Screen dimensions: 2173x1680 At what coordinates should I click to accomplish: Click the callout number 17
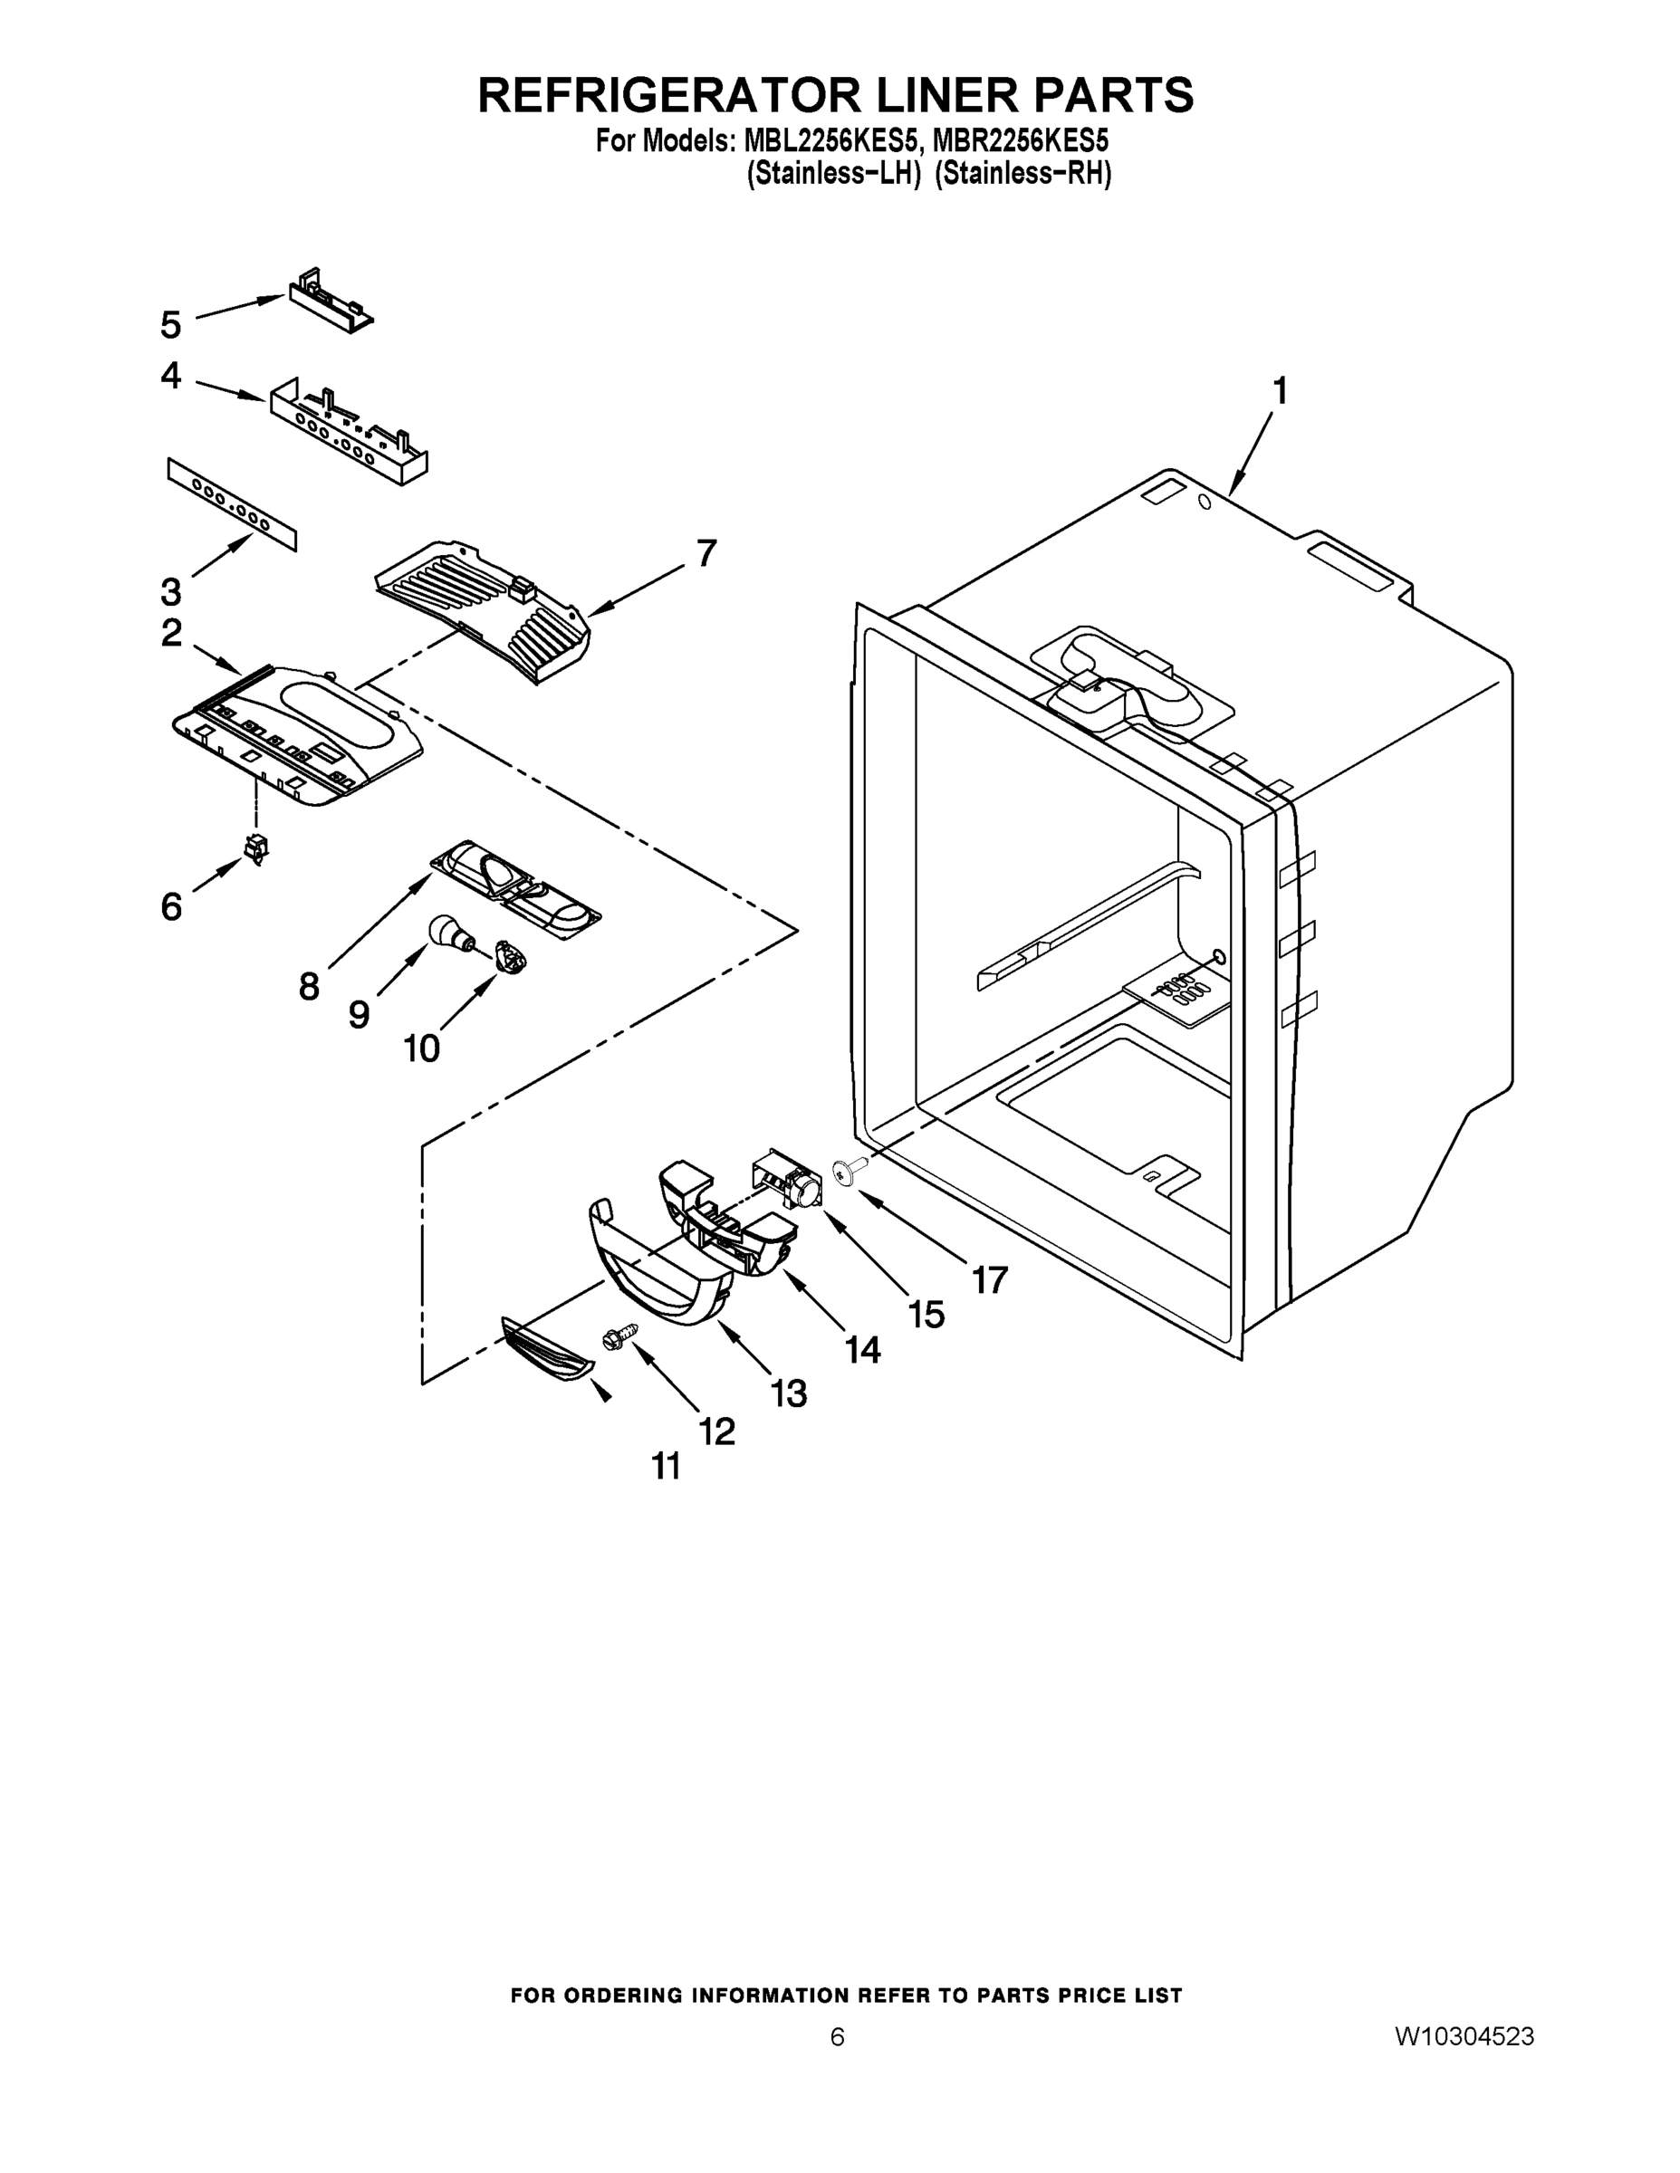click(989, 1279)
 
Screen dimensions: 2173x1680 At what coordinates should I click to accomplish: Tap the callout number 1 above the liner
click(1281, 391)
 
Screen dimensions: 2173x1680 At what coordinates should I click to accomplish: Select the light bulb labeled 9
click(445, 933)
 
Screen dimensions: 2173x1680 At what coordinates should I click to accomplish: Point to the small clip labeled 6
click(258, 847)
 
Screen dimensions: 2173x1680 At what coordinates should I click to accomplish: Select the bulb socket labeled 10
click(512, 959)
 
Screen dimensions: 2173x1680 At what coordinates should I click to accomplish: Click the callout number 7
click(706, 552)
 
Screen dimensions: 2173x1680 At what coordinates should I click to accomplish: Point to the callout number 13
click(788, 1393)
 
